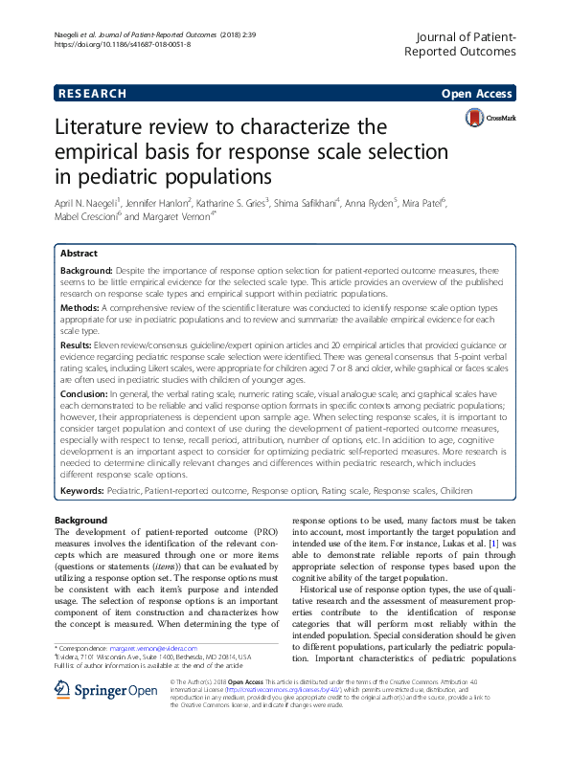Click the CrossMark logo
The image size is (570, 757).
(488, 120)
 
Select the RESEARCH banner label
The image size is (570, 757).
(92, 94)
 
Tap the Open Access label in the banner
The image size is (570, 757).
(476, 94)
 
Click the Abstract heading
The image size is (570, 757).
(79, 255)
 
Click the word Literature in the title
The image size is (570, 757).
(106, 127)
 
